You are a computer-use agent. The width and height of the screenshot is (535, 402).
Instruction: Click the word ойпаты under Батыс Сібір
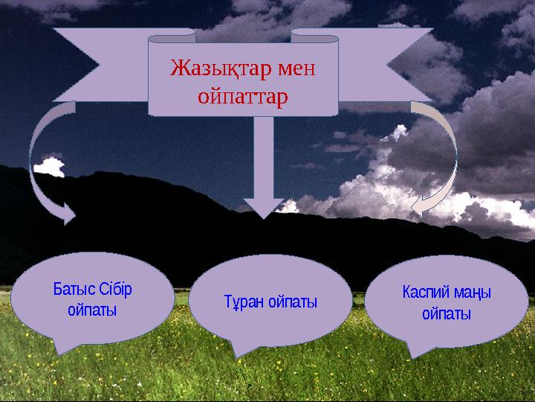[x=92, y=309]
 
